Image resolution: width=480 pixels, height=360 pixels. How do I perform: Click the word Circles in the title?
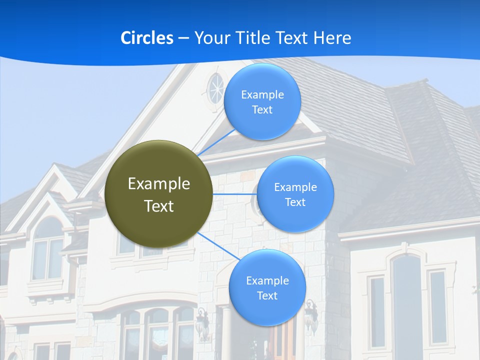click(x=146, y=38)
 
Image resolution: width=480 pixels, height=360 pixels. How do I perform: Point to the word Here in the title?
click(x=331, y=38)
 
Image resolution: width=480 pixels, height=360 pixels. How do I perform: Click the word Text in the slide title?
click(x=292, y=38)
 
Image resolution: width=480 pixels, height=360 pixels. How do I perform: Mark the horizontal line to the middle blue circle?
click(x=235, y=194)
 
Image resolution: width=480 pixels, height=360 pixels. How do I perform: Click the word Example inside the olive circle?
click(x=159, y=184)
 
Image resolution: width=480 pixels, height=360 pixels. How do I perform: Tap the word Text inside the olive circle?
click(x=159, y=206)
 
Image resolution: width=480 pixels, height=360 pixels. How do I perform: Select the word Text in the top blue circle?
click(x=262, y=110)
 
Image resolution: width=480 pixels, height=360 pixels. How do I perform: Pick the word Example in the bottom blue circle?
click(x=267, y=280)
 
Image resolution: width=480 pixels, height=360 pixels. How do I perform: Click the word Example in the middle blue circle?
click(x=295, y=187)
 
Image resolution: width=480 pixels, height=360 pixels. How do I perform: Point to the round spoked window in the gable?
click(x=216, y=89)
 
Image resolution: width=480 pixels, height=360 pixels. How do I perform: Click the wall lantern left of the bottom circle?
click(x=202, y=322)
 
